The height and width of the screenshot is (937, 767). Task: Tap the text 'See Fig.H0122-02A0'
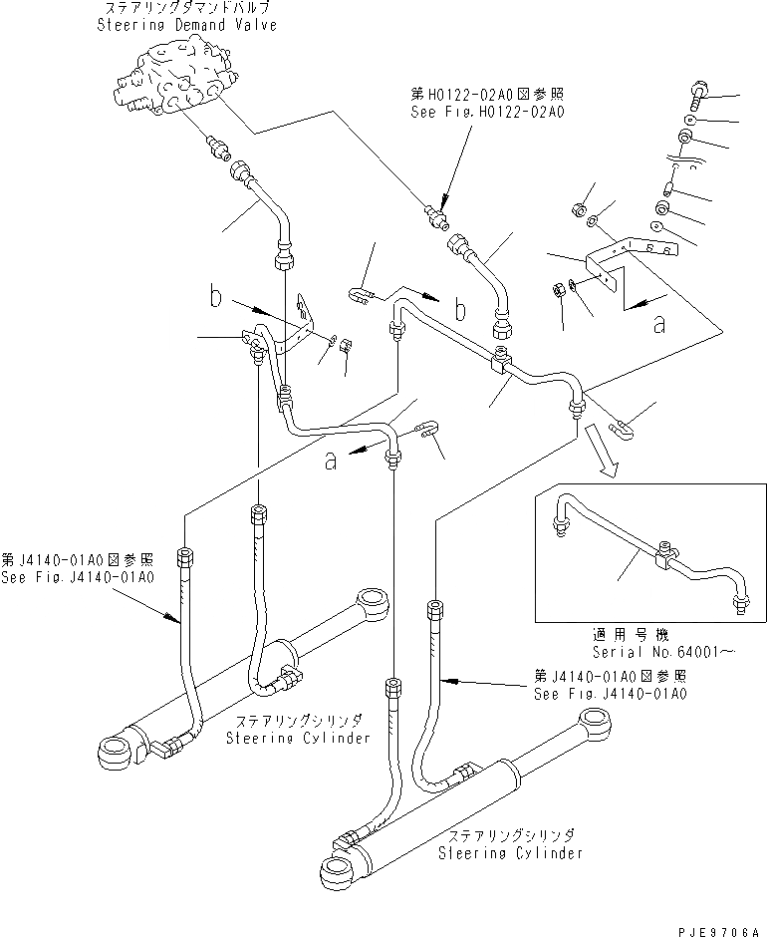coord(488,113)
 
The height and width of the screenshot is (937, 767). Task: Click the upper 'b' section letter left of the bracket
coord(214,296)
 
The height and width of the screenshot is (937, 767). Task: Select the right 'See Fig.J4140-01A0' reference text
coord(609,694)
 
